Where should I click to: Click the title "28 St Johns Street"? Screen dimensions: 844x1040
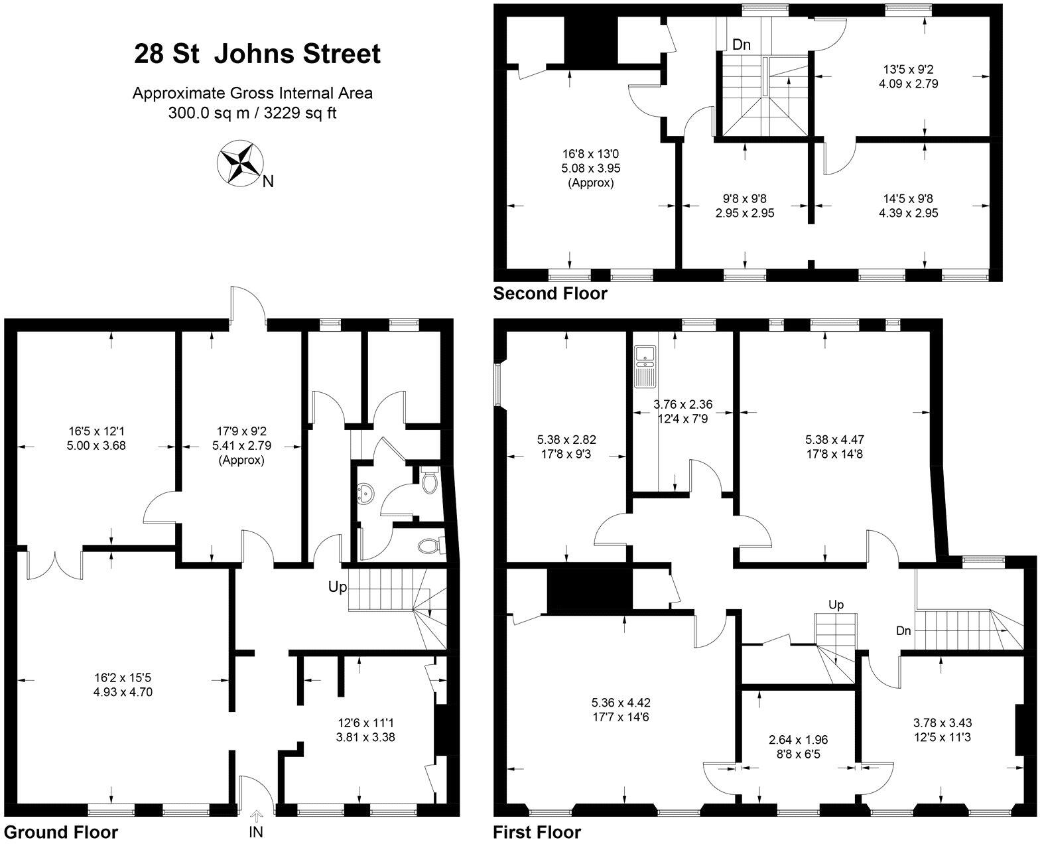point(257,54)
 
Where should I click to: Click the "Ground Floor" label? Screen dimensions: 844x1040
point(61,832)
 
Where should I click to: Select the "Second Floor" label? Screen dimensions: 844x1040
point(550,293)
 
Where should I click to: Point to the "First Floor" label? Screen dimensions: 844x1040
point(537,832)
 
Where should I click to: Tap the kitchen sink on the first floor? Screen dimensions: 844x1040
point(644,366)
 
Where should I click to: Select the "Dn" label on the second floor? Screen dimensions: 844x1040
point(742,45)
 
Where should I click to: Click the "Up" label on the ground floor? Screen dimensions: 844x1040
point(338,587)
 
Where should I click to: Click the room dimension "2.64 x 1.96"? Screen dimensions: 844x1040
point(797,739)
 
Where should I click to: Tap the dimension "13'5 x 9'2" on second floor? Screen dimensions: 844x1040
point(909,69)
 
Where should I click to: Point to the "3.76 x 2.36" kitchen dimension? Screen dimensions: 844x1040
point(682,404)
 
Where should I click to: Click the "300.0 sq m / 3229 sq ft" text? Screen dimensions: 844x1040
point(252,113)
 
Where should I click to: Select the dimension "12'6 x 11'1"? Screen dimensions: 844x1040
point(367,722)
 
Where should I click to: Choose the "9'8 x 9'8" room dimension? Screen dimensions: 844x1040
point(744,198)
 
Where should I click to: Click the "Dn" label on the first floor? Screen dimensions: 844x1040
point(903,631)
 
